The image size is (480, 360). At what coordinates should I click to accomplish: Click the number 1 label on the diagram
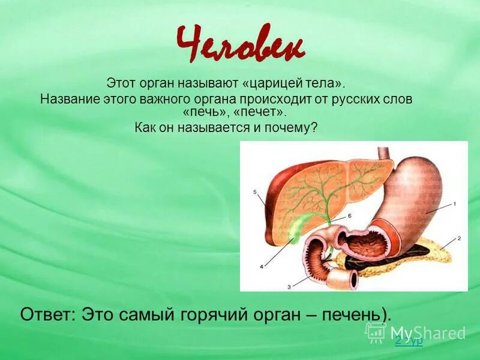(455, 204)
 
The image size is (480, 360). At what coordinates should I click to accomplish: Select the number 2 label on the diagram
(459, 238)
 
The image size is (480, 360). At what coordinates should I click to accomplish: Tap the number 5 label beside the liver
(255, 192)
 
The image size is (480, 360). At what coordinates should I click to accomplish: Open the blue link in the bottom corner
(409, 340)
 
